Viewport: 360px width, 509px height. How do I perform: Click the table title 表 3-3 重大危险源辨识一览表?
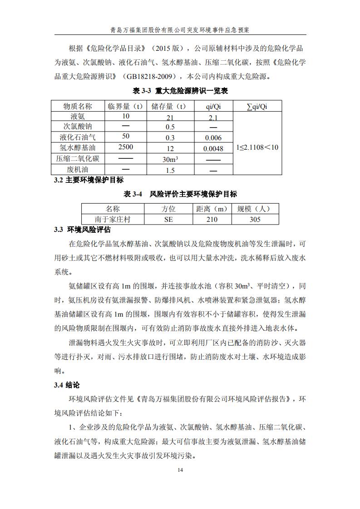pyautogui.click(x=180, y=91)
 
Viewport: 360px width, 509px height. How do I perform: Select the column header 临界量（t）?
pyautogui.click(x=126, y=106)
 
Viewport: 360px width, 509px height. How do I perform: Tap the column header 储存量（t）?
pyautogui.click(x=170, y=106)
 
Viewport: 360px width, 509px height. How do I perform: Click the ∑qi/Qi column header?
pyautogui.click(x=256, y=106)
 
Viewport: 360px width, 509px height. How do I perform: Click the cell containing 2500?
pyautogui.click(x=126, y=147)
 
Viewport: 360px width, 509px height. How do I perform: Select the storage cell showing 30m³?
pyautogui.click(x=170, y=159)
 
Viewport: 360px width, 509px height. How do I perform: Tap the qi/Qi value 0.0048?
pyautogui.click(x=213, y=148)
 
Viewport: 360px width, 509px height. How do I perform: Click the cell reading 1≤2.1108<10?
pyautogui.click(x=257, y=147)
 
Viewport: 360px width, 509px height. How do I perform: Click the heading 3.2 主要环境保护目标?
pyautogui.click(x=89, y=180)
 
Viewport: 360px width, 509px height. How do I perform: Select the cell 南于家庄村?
pyautogui.click(x=112, y=219)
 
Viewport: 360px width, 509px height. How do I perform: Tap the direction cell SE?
pyautogui.click(x=168, y=219)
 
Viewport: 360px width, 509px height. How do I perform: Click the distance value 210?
pyautogui.click(x=212, y=219)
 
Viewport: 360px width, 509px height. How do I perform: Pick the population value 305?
pyautogui.click(x=255, y=219)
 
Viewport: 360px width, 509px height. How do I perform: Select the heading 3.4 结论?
pyautogui.click(x=67, y=385)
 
